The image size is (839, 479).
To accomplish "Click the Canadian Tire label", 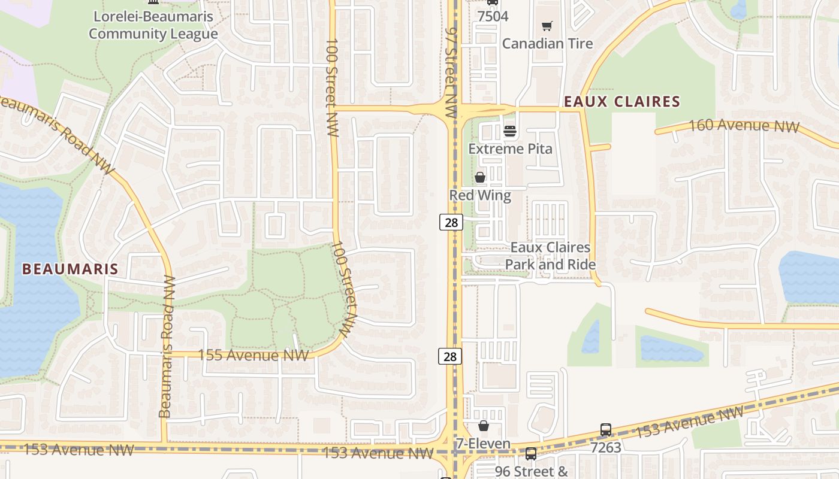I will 547,43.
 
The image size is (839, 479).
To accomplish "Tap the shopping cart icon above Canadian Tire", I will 547,26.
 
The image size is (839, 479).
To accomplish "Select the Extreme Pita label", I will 510,148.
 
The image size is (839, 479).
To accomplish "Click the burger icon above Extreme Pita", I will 510,131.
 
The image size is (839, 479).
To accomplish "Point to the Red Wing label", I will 480,195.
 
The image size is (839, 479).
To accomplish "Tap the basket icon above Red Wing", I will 480,177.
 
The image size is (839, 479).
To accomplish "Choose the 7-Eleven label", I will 483,444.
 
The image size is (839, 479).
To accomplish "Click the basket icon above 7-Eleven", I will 484,426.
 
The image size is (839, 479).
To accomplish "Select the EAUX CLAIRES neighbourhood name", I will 622,101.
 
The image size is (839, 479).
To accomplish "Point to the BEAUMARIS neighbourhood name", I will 70,269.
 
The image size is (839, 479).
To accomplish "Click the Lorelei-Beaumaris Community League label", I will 153,25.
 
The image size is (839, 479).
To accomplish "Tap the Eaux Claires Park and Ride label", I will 550,256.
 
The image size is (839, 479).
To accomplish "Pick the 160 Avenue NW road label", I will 744,126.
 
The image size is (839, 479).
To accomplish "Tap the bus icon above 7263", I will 606,430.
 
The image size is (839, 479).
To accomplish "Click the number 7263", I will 606,447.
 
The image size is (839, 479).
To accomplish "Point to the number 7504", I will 493,16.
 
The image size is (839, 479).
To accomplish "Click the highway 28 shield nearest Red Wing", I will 451,222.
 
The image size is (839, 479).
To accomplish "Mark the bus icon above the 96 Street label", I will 530,454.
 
